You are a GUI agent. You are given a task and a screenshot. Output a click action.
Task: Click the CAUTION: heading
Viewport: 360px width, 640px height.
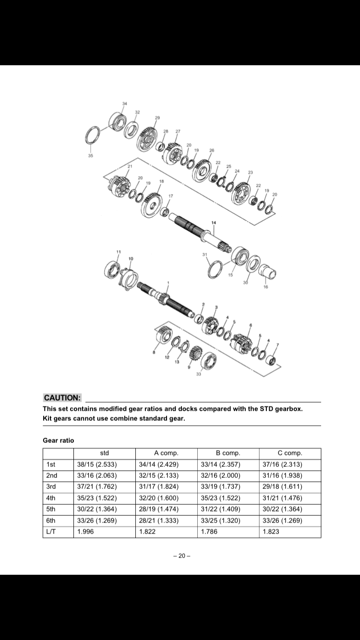coord(62,398)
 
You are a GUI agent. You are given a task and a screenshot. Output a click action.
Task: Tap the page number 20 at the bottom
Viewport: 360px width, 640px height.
coord(181,556)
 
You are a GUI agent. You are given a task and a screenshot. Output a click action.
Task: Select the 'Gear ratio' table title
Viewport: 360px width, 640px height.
coord(59,440)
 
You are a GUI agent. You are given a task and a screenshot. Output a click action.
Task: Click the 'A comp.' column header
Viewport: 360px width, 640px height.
coord(166,453)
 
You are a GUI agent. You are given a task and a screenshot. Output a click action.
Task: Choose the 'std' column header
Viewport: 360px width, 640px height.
coord(104,453)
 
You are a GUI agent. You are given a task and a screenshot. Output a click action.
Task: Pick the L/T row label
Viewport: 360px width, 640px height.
coord(51,532)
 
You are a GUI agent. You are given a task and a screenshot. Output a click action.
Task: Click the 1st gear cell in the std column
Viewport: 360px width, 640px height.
coord(96,464)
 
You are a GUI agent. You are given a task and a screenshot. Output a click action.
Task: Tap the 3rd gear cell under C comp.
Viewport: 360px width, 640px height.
coord(283,486)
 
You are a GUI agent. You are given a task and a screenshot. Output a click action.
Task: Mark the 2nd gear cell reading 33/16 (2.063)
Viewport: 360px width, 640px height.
coord(96,475)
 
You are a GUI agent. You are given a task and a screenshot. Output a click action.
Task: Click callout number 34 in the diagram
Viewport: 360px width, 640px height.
coord(125,104)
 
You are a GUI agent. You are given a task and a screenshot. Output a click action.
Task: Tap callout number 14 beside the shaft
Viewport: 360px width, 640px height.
coord(214,222)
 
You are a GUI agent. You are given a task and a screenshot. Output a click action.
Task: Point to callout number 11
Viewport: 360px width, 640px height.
coord(118,252)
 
